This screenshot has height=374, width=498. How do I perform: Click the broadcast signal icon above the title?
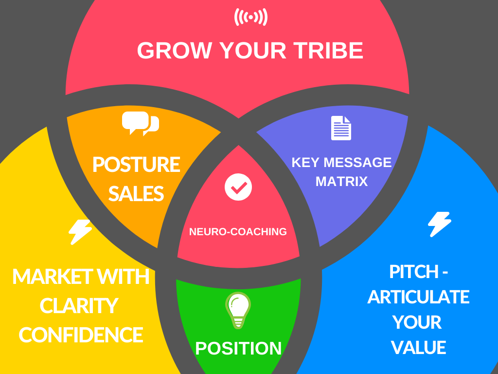(x=250, y=17)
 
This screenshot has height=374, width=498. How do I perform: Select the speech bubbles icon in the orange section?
(x=140, y=123)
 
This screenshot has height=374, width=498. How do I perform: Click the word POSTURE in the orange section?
(x=136, y=165)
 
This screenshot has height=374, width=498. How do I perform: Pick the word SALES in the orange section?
(x=136, y=194)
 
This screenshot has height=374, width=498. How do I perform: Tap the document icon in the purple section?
(x=341, y=128)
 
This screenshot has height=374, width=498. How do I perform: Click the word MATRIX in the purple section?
(x=341, y=182)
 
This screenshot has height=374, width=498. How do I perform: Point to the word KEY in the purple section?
(x=305, y=162)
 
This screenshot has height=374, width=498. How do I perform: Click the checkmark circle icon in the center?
(x=238, y=186)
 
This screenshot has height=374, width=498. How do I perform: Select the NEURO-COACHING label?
(x=238, y=232)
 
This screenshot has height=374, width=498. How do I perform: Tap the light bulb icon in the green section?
(x=238, y=310)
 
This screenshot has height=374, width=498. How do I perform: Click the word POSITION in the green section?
(x=238, y=348)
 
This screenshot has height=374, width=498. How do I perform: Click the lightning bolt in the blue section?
(x=439, y=224)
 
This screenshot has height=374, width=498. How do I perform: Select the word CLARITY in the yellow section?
(x=79, y=306)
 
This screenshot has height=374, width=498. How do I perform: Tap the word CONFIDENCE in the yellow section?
(x=81, y=335)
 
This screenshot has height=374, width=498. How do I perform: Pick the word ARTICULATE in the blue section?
(x=418, y=297)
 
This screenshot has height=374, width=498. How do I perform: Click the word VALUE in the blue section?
(x=418, y=348)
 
